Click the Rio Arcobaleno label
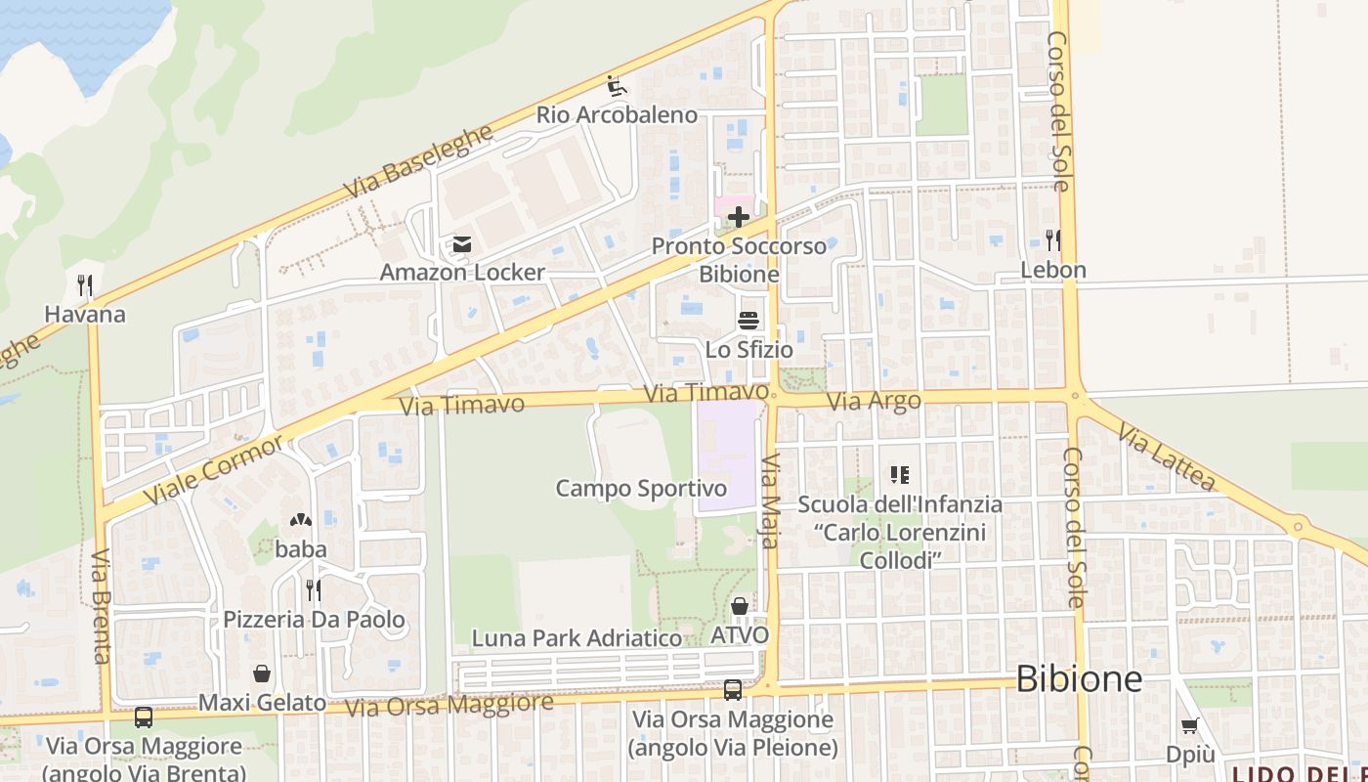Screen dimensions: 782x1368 click(x=617, y=114)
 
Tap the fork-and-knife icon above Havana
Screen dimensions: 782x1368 click(x=85, y=285)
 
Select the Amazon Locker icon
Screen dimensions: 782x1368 click(x=461, y=243)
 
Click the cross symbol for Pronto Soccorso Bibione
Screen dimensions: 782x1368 click(x=739, y=216)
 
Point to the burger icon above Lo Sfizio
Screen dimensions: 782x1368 click(x=748, y=320)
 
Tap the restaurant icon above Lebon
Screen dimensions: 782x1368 click(x=1052, y=240)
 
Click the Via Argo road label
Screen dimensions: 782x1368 click(x=874, y=401)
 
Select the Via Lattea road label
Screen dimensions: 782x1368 click(x=1166, y=456)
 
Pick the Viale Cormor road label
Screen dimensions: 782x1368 click(x=213, y=469)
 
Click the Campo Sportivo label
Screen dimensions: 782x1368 click(x=641, y=488)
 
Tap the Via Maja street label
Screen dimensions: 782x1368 click(x=770, y=500)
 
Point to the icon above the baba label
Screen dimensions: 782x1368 click(x=300, y=521)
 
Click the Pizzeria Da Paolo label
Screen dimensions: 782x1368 click(x=314, y=620)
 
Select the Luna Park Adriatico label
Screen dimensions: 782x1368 click(x=577, y=638)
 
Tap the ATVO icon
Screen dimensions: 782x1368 click(x=740, y=607)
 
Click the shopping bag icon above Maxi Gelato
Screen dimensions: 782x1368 click(x=262, y=673)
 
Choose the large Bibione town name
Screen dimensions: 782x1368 click(x=1079, y=678)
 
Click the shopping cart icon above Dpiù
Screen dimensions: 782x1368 click(x=1189, y=726)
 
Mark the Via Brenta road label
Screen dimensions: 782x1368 click(x=101, y=606)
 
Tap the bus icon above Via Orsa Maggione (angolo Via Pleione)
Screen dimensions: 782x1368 click(x=733, y=690)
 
